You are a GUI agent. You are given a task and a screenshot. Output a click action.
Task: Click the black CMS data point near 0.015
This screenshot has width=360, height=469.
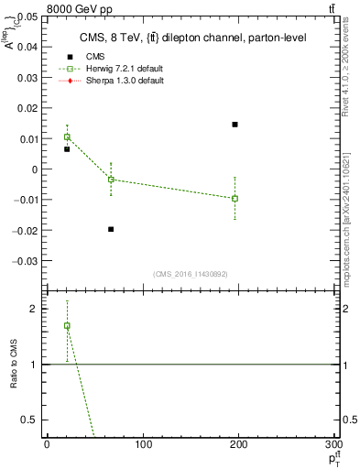[235, 124]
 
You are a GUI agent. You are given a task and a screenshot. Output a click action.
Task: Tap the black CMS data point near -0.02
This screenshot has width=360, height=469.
[111, 229]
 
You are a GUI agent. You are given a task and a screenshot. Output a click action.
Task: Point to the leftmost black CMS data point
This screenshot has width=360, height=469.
[67, 148]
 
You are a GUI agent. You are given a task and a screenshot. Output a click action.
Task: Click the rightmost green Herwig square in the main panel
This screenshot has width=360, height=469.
[235, 198]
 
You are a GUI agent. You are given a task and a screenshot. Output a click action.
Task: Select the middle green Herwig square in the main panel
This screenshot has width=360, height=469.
[111, 180]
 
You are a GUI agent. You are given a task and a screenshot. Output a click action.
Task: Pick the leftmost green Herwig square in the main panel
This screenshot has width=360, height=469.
[67, 136]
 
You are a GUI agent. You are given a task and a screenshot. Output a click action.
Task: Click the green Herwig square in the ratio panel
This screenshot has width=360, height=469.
[67, 325]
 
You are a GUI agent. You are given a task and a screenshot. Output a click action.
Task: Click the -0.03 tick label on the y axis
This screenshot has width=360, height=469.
[26, 260]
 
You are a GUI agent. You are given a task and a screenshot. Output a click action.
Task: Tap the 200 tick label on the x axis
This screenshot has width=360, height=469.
[239, 444]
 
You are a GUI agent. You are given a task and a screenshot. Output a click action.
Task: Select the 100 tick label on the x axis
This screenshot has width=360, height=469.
[143, 444]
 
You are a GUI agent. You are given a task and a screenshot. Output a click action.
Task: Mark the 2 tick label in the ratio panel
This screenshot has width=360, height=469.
[36, 309]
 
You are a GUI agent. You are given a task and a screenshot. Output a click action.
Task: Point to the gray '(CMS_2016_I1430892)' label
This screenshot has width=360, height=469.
[190, 274]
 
